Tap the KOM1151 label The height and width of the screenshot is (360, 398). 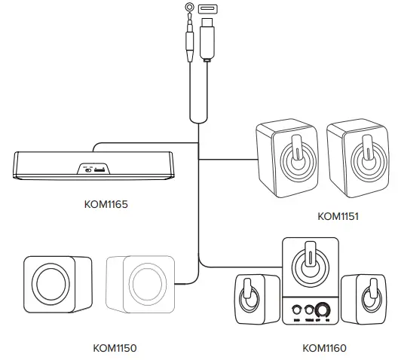click(x=338, y=216)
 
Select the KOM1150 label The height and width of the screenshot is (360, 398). click(x=115, y=347)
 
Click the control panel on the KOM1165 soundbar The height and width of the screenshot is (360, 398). click(x=94, y=169)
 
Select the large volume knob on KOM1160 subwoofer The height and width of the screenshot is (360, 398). click(x=324, y=310)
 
